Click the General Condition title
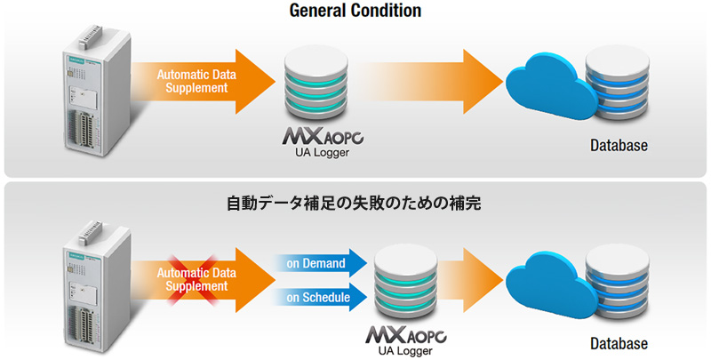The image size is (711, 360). (x=355, y=10)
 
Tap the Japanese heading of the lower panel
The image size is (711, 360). (x=354, y=204)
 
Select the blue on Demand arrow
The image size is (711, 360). (x=320, y=263)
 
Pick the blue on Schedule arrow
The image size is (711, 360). (x=320, y=298)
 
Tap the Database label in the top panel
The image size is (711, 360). (x=619, y=146)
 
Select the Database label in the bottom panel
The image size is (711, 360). (x=619, y=343)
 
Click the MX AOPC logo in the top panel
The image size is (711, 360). (x=323, y=136)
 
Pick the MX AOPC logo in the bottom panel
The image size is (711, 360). (x=406, y=334)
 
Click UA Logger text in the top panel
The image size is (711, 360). (x=322, y=152)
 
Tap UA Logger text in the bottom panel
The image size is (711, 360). (x=405, y=350)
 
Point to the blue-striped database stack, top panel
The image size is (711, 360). (x=617, y=84)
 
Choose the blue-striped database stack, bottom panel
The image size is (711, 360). (x=617, y=282)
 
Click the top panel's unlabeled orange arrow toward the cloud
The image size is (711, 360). (x=431, y=82)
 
